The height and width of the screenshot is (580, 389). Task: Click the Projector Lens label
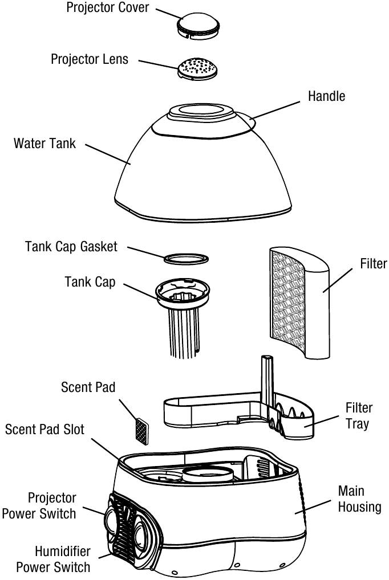coord(90,59)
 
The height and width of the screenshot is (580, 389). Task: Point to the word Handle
coord(326,96)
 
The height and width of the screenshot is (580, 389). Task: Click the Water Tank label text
coord(44,144)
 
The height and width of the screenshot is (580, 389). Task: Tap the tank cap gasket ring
coord(185,258)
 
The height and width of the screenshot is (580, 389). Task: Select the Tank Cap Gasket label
coord(71,247)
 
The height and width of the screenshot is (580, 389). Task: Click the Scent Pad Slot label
coord(44,430)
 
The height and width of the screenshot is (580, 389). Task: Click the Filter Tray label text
coord(359,415)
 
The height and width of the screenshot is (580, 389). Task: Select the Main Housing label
coord(359,499)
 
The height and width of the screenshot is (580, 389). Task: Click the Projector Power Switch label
coord(39,506)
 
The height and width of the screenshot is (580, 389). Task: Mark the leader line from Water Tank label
coord(108,154)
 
